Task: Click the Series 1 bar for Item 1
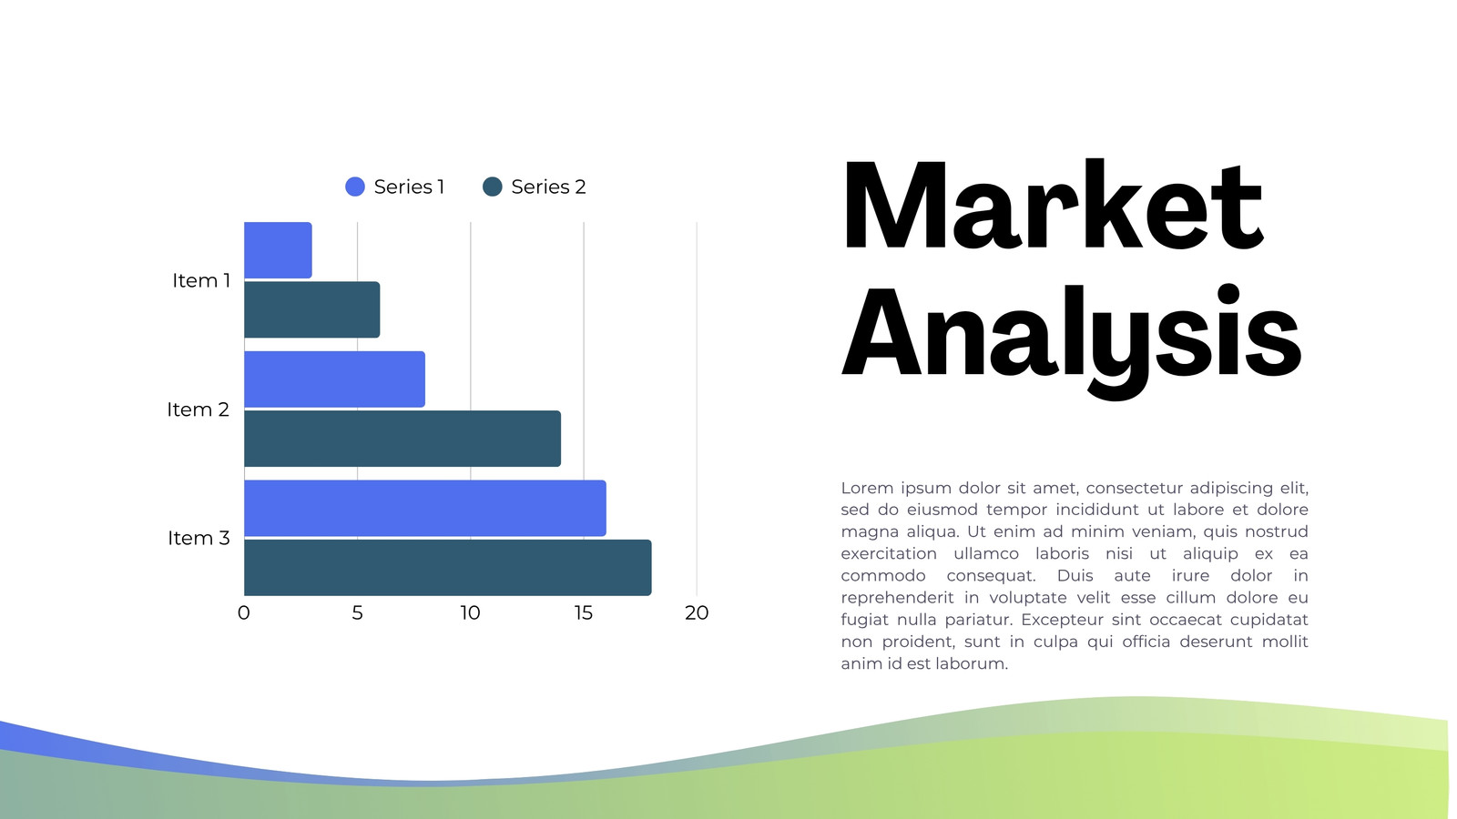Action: pos(279,251)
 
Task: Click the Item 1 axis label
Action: pos(202,281)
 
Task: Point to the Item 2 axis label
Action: pos(199,410)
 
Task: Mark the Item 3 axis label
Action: pos(199,539)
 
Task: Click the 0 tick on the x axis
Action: pos(245,613)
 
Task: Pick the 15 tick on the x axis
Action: pos(585,613)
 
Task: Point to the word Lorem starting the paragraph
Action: pos(866,489)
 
